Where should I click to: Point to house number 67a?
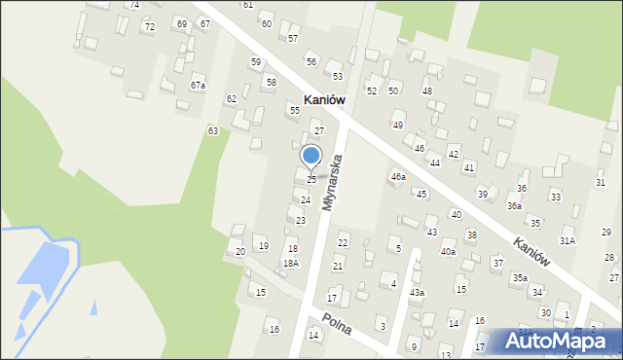tap(198, 86)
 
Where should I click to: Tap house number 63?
tap(212, 129)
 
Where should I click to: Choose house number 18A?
tap(290, 263)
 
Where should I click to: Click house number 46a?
tap(397, 177)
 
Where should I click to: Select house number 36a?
tap(514, 206)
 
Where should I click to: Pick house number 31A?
tap(567, 239)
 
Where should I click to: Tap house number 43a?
tap(417, 292)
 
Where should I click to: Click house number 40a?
tap(447, 251)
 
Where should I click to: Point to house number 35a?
tap(520, 278)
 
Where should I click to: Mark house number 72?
tap(149, 26)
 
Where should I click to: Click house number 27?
tap(318, 130)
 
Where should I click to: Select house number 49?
tap(397, 125)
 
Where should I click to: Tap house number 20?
tap(239, 251)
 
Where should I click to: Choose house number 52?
tap(372, 90)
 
